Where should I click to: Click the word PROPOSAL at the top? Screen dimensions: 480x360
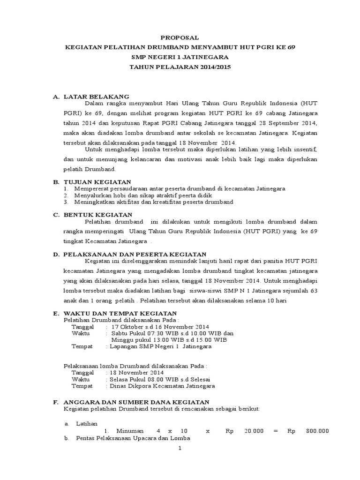coord(180,37)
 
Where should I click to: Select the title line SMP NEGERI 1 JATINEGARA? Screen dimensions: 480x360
coord(180,57)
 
